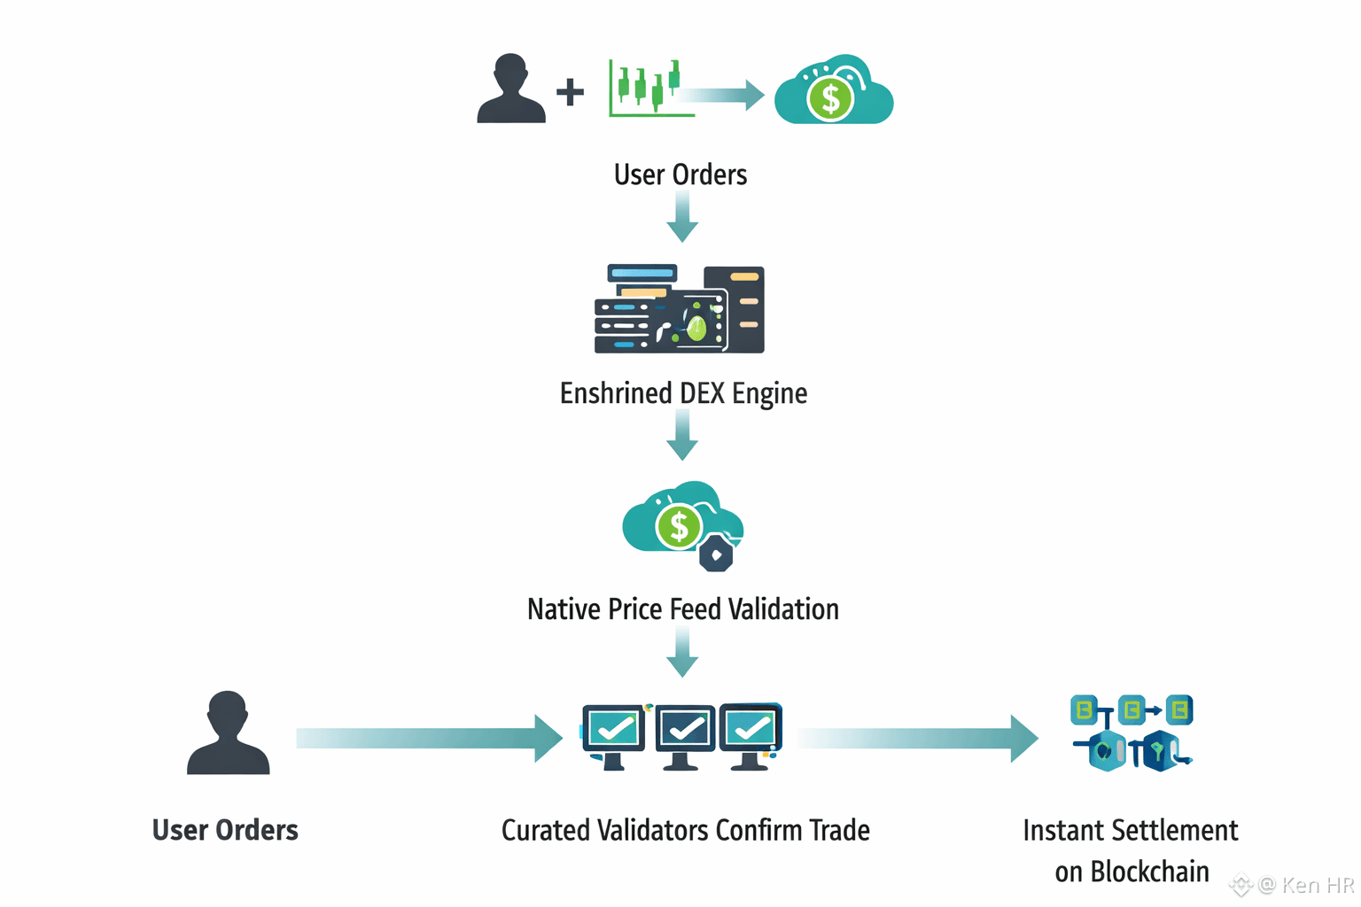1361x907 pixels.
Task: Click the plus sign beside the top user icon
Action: pos(570,91)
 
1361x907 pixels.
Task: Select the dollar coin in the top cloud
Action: pos(830,98)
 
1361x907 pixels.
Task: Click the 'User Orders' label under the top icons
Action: pos(680,174)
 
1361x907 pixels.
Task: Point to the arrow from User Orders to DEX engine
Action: pos(682,217)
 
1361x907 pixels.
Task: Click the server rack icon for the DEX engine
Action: pos(680,309)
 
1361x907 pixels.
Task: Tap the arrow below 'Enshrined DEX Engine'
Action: pos(682,437)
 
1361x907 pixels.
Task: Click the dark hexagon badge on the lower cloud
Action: pos(716,555)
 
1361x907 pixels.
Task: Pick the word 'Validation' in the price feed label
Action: pos(783,609)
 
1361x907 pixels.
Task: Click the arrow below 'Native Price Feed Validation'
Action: pos(682,653)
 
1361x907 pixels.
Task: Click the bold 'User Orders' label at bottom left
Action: pos(225,830)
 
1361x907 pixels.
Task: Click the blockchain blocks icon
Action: pos(1132,733)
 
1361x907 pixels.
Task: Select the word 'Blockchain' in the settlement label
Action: pos(1149,872)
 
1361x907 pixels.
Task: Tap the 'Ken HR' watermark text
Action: pos(1318,885)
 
